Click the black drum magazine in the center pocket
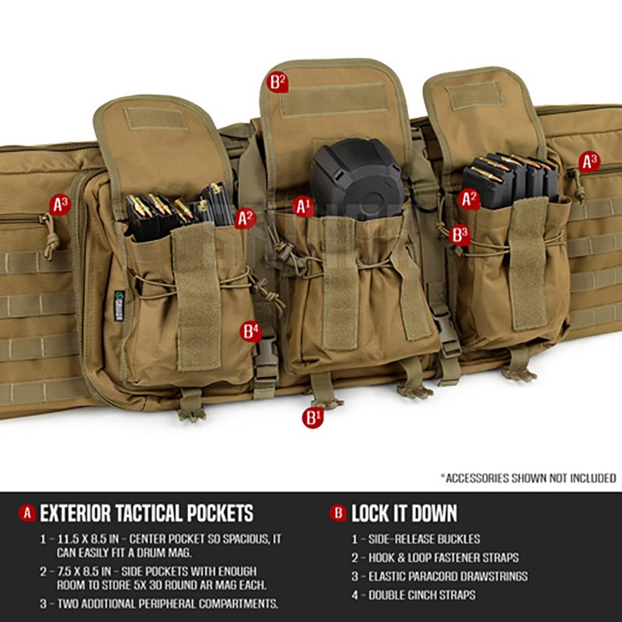[x=357, y=179]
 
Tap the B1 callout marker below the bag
[x=313, y=418]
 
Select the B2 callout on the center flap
[x=278, y=82]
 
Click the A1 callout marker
[x=303, y=207]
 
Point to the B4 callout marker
[x=250, y=331]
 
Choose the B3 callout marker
[x=460, y=235]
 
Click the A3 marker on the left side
[x=61, y=204]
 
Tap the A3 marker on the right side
[x=589, y=162]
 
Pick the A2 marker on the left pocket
[x=246, y=218]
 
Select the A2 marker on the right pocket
[x=470, y=199]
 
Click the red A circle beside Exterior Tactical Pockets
[x=27, y=513]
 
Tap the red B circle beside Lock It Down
[x=338, y=513]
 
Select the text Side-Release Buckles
[x=424, y=539]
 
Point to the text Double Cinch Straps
[x=421, y=595]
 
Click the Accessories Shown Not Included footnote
[x=529, y=478]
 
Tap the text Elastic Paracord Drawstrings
[x=448, y=576]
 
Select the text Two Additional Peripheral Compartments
[x=168, y=604]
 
